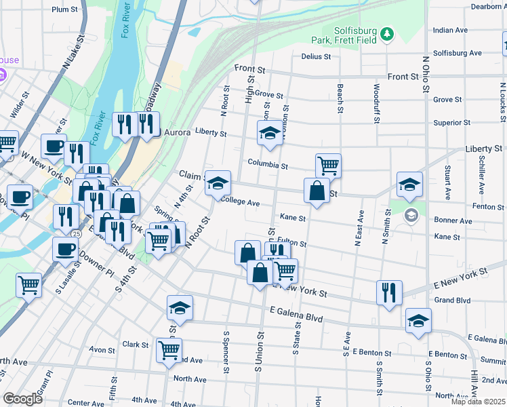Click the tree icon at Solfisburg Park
tap(386, 33)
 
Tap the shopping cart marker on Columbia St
tap(327, 165)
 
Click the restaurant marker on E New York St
tap(389, 292)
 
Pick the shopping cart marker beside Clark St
tap(169, 351)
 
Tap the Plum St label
tap(64, 9)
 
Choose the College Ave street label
tap(241, 202)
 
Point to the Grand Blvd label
tap(452, 300)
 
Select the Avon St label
tap(102, 350)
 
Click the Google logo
tap(22, 399)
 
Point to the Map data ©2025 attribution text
tap(477, 402)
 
